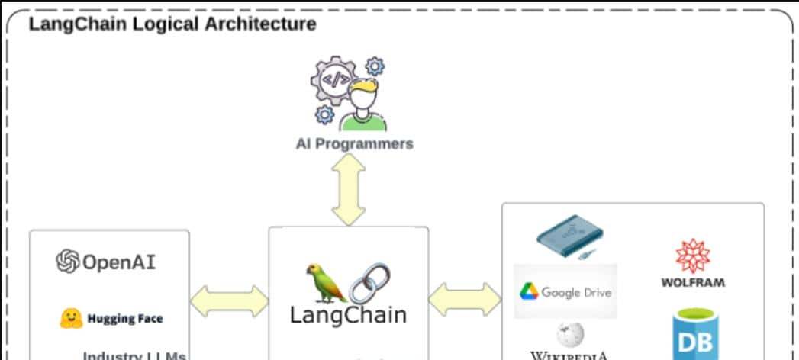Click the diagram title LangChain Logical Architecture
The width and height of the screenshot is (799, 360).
(172, 24)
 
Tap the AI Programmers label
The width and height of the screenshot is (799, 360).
(354, 143)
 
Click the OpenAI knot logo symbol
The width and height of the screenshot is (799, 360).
(68, 262)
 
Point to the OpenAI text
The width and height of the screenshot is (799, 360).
(118, 262)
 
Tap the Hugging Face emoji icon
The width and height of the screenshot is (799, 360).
(70, 318)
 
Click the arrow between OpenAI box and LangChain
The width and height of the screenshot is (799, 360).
(229, 301)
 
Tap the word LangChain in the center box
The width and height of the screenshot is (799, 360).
(348, 314)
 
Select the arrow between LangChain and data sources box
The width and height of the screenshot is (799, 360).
(465, 300)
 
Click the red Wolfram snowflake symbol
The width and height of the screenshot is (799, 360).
(692, 257)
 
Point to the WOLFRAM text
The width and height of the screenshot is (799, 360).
(693, 283)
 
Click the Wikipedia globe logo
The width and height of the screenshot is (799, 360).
(569, 335)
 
